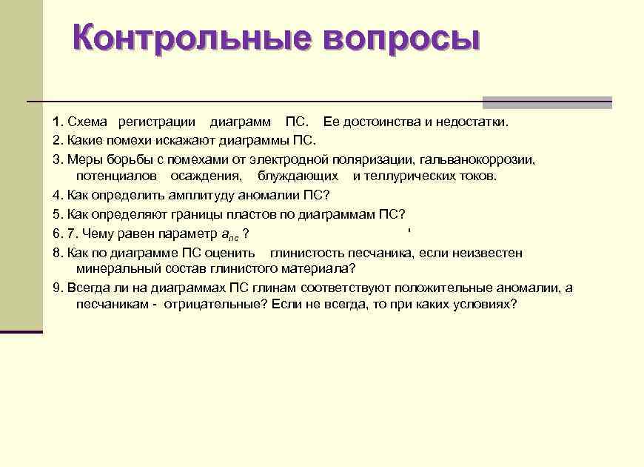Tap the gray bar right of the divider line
point(547,102)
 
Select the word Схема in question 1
point(87,122)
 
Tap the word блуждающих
point(298,176)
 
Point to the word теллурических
point(411,176)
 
